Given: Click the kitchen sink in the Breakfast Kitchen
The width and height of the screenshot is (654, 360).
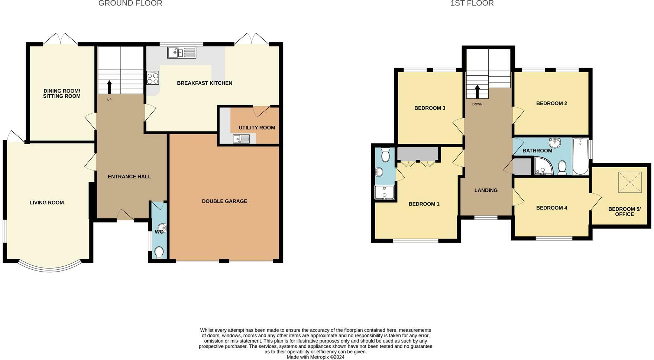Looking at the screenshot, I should (181, 53).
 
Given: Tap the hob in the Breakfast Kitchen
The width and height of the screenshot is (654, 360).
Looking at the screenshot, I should (152, 78).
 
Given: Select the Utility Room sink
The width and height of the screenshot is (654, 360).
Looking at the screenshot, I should (241, 139).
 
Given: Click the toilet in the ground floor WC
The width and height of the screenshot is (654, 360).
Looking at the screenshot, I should (159, 252).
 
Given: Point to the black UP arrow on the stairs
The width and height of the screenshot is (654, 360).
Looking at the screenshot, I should (109, 87).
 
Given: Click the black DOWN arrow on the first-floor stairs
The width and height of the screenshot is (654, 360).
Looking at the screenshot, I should (477, 92).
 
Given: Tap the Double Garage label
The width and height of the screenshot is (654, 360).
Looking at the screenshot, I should (224, 201).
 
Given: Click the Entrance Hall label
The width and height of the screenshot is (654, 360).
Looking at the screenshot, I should (129, 176).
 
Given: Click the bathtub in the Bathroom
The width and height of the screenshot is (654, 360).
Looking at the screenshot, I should (580, 156).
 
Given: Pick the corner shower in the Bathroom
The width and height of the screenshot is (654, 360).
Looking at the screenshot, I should (543, 166).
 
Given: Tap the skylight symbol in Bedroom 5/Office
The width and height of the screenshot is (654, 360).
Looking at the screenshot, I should (630, 182).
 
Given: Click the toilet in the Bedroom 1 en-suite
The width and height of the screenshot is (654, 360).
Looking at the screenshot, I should (385, 154).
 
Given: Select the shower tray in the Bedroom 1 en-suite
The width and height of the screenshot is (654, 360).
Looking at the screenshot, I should (384, 193).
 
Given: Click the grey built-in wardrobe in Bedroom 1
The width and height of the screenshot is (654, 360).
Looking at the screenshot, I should (418, 154).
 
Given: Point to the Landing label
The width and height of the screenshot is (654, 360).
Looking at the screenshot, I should (486, 190).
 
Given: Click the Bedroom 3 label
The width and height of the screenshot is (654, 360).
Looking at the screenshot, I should (430, 108).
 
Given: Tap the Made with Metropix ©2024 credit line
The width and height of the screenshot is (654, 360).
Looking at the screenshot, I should (315, 357).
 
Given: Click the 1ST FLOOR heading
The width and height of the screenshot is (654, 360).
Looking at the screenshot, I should (472, 4).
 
